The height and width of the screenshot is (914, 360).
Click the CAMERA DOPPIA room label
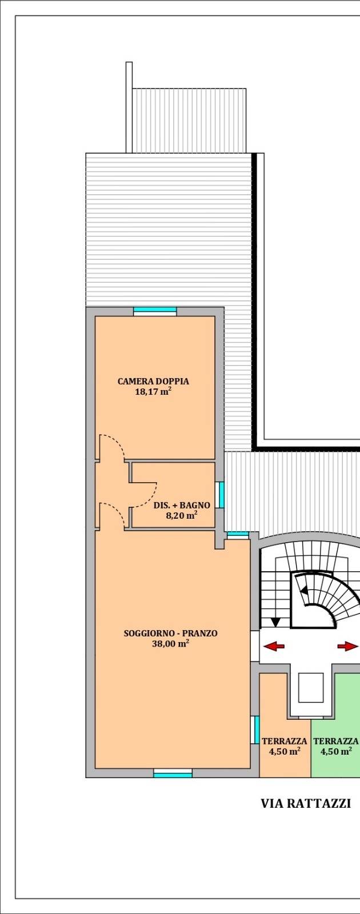[153, 382]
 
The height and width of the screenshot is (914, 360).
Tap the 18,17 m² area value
[153, 392]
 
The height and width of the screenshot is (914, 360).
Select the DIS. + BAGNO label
[182, 505]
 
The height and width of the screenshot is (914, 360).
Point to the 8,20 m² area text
[182, 515]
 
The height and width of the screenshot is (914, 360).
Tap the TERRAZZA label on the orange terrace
[285, 741]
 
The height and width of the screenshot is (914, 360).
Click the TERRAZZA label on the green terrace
[336, 741]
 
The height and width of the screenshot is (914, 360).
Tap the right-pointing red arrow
[347, 646]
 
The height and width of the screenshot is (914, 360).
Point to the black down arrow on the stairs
[276, 622]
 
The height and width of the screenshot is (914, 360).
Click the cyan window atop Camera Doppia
[155, 310]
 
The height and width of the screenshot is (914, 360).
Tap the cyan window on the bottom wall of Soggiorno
[173, 773]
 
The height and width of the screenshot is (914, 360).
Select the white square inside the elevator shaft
[311, 688]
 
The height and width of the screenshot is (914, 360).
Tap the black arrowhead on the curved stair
[304, 591]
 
